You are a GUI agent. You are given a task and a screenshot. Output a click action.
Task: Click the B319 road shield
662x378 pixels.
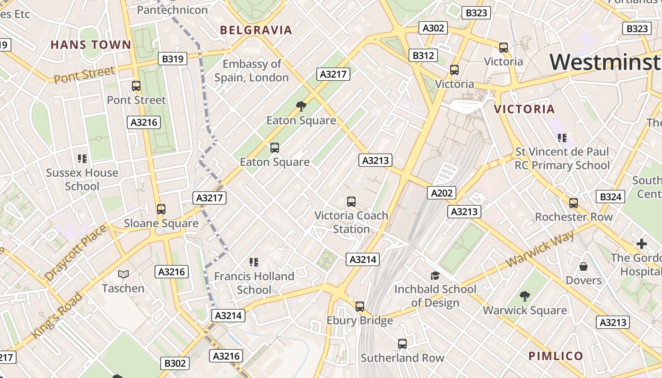172,59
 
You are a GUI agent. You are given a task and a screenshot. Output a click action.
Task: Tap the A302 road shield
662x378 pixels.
433,28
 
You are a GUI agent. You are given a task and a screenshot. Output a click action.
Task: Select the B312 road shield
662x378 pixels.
423,55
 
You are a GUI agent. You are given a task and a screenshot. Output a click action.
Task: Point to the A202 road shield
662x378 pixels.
442,193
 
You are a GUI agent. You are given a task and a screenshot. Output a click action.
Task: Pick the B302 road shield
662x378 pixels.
175,363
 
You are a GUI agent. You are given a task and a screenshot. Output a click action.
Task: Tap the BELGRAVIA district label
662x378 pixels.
256,30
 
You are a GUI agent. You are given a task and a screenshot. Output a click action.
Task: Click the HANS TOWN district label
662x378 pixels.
91,45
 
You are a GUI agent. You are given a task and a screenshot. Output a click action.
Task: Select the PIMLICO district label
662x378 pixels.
556,356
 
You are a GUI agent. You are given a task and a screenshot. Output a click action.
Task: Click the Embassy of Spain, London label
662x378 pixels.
252,70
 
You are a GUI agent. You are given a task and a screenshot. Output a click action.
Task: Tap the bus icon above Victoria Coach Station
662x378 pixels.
351,202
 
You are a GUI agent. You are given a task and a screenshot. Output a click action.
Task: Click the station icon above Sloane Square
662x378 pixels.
161,209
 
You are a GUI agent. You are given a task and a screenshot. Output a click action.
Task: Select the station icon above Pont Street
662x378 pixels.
136,86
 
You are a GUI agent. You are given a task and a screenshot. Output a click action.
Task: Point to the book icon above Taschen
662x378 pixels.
123,274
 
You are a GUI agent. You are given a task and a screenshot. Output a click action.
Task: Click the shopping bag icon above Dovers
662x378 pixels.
584,266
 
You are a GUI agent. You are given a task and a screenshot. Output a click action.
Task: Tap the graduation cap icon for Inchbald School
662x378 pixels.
435,275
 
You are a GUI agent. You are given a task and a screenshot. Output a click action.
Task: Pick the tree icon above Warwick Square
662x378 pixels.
524,296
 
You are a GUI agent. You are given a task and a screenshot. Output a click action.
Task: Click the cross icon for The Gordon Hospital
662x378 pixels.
641,244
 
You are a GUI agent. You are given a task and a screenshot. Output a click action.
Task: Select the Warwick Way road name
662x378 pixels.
540,249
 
